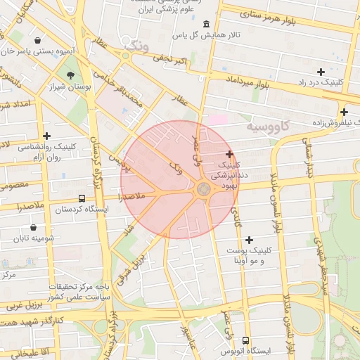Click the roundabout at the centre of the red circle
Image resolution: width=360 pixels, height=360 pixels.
tap(203, 189)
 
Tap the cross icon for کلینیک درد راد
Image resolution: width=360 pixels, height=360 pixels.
tap(321, 72)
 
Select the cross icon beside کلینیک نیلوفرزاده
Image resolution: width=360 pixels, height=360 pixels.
tap(344, 112)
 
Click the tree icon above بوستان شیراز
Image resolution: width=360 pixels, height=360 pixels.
tap(70, 75)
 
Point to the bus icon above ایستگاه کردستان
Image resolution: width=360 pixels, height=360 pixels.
tap(82, 199)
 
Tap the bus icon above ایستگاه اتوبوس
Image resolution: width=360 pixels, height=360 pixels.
tap(245, 340)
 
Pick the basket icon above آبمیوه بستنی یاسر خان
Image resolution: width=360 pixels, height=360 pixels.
tap(37, 39)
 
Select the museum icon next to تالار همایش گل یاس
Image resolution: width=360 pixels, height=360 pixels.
tap(205, 25)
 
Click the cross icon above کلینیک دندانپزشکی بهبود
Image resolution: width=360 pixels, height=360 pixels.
tap(229, 154)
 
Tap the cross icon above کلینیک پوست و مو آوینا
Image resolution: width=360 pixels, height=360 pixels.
tap(249, 240)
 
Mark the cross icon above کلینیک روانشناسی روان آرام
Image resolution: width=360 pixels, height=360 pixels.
tap(47, 136)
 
